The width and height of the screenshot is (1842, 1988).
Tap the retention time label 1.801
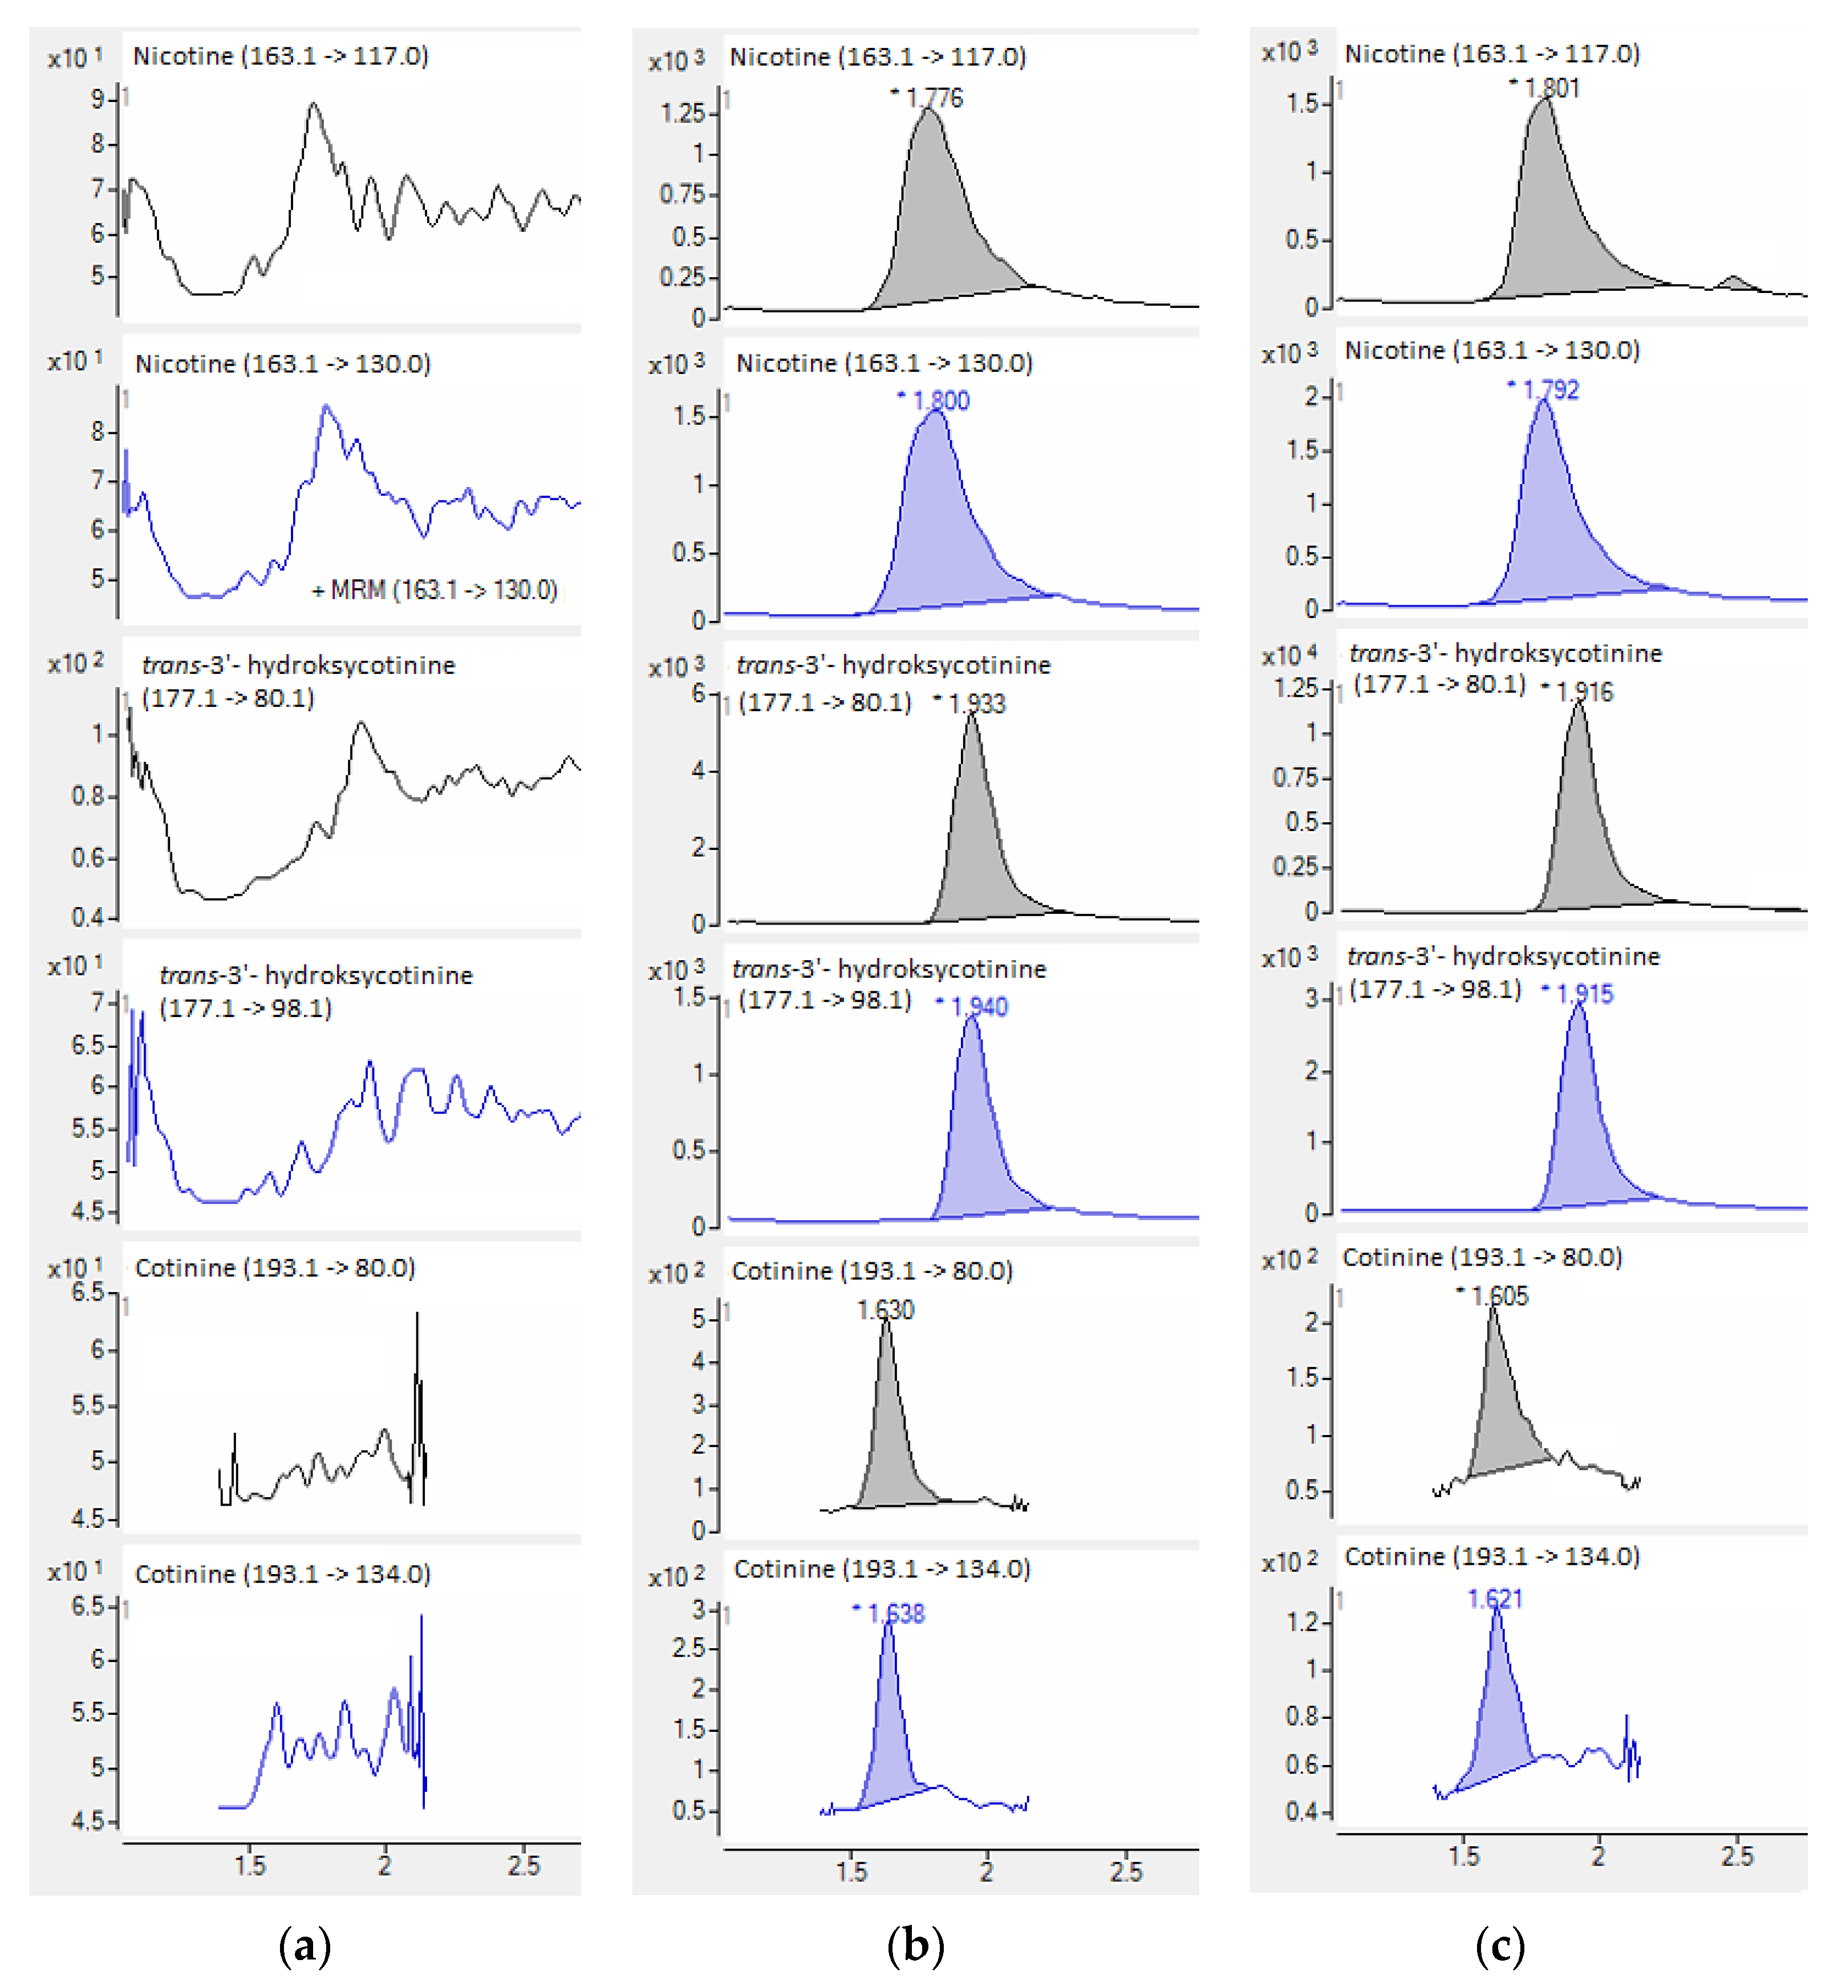(x=1551, y=88)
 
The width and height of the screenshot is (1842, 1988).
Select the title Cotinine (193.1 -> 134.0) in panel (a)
(x=283, y=1574)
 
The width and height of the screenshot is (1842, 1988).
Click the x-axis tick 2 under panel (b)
(x=986, y=1871)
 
